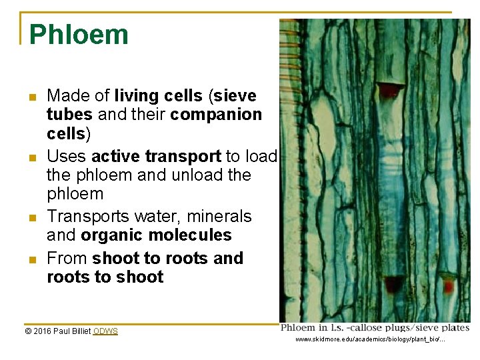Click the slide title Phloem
pos(79,35)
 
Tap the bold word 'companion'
pos(217,115)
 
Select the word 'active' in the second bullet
pos(115,156)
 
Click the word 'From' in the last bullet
pos(67,258)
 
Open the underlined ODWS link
pos(105,331)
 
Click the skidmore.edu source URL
pos(370,340)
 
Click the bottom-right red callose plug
pos(448,286)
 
